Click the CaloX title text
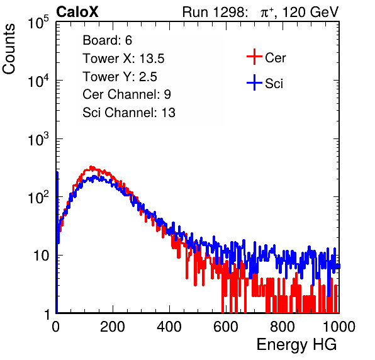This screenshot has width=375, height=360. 77,12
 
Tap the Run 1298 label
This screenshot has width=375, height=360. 215,12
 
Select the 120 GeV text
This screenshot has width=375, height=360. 311,12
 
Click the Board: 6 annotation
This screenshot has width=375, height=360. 107,40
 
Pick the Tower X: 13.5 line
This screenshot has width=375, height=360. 123,59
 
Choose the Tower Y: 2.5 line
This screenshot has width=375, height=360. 120,77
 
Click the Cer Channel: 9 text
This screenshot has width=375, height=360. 126,94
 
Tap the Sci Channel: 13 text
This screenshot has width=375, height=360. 129,113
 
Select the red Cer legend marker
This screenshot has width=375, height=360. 254,57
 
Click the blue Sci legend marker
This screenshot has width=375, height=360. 254,82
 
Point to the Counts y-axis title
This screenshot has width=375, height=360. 9,49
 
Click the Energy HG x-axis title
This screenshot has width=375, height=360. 296,345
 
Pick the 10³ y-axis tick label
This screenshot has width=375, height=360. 38,139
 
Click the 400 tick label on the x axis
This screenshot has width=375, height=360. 169,327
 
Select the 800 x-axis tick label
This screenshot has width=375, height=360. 283,327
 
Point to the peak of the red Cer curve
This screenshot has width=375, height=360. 91,167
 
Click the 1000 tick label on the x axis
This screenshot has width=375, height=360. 339,327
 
